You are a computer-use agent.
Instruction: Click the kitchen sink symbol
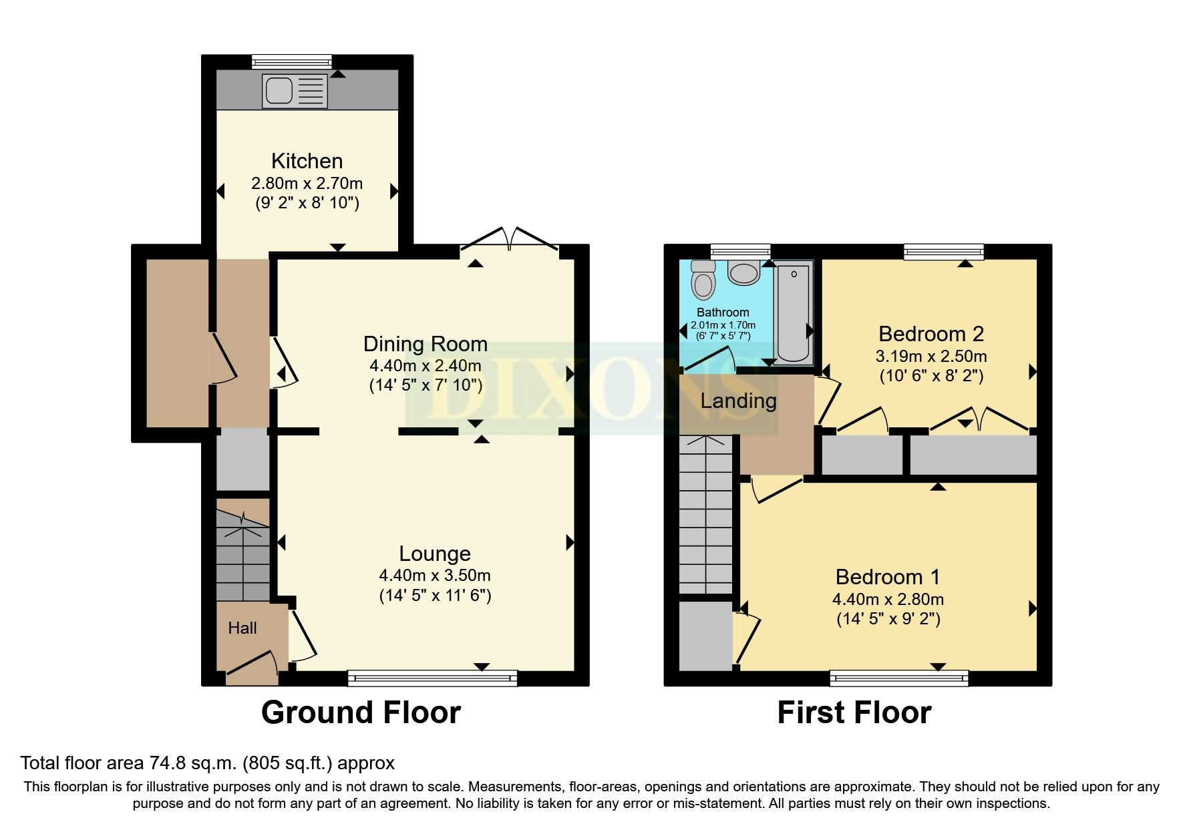(295, 91)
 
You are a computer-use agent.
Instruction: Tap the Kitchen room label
(307, 161)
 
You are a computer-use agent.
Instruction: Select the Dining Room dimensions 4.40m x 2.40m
(425, 366)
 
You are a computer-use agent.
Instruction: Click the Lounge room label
(435, 554)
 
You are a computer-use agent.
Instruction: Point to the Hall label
(242, 628)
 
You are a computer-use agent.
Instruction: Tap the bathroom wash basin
(743, 272)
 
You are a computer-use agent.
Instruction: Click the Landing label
(738, 401)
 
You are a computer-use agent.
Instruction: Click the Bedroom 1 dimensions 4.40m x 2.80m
(888, 599)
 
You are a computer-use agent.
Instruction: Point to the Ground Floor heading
(361, 712)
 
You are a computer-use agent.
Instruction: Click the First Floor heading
(854, 712)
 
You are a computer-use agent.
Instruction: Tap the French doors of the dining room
(510, 239)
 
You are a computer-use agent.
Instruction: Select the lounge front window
(432, 678)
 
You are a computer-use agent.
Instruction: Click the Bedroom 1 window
(899, 678)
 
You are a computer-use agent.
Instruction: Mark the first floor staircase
(706, 514)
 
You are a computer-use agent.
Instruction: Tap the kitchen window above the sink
(292, 61)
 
